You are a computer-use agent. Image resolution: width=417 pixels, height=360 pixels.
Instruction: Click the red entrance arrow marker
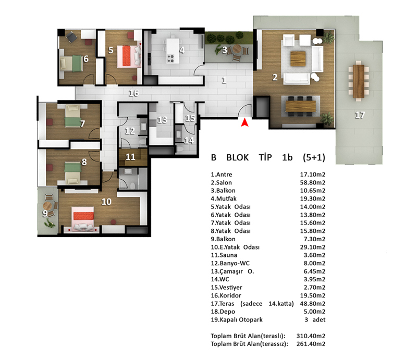point(244,122)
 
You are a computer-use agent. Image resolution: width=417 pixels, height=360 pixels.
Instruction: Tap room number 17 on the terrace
point(360,115)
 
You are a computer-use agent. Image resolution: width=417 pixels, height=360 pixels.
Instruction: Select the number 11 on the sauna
point(130,157)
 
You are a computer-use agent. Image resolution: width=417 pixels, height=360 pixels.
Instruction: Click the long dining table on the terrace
point(359,81)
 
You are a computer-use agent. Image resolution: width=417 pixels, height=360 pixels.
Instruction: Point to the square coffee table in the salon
point(298,59)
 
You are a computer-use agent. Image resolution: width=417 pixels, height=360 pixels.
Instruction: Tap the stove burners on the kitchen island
point(170,59)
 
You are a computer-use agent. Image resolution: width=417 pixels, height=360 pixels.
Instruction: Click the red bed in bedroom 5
point(127,56)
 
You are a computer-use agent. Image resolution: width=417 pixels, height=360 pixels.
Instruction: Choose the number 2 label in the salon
point(275,78)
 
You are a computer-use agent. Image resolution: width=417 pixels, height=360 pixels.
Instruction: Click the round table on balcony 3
point(237,49)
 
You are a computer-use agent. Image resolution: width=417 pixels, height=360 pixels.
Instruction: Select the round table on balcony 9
point(47,205)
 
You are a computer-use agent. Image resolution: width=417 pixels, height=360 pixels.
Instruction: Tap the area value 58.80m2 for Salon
point(312,183)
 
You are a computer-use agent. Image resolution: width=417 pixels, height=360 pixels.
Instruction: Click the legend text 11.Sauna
point(224,255)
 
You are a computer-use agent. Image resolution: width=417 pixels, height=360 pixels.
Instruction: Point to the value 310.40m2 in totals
point(311,336)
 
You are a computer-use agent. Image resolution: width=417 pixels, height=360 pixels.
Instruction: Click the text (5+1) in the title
point(314,157)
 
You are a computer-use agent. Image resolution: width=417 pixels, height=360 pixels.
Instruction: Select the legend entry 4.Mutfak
point(224,198)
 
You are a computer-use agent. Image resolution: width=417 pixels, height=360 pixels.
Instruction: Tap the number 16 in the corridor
point(133,93)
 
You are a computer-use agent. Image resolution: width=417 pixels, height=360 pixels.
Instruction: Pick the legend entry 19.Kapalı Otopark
point(237,320)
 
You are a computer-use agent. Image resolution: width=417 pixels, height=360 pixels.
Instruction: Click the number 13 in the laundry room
point(162,120)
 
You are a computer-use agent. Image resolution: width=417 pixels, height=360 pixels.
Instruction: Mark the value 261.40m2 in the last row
point(311,344)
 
